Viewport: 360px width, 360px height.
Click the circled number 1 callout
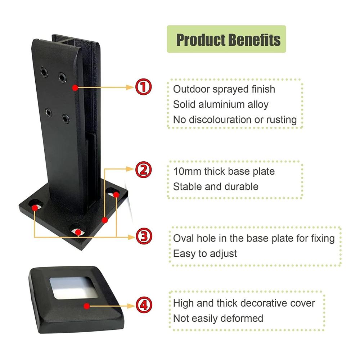click(x=143, y=87)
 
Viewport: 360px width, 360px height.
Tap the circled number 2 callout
click(x=143, y=170)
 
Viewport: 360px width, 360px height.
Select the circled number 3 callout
click(x=144, y=236)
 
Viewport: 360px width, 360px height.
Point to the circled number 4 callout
click(x=144, y=305)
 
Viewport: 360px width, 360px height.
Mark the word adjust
click(x=223, y=254)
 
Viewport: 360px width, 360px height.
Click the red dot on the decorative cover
click(x=86, y=306)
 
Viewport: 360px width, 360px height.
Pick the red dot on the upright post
click(x=75, y=87)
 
